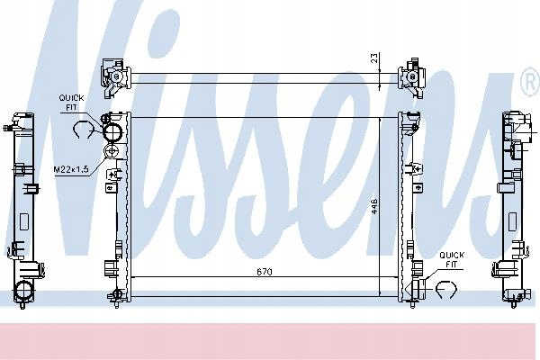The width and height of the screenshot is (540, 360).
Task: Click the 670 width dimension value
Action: click(x=265, y=272)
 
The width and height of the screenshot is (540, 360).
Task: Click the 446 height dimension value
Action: click(x=374, y=206)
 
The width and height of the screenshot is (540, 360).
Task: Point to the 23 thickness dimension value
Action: click(x=374, y=58)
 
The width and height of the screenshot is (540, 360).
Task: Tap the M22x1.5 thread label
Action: click(x=71, y=169)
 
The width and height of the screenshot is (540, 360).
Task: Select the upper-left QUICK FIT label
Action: click(x=71, y=103)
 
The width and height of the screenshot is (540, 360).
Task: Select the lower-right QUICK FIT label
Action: click(x=452, y=260)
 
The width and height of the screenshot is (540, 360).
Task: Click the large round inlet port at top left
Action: click(x=113, y=132)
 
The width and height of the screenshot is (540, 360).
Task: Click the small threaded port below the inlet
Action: click(x=112, y=151)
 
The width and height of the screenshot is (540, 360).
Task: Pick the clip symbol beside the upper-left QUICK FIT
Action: click(x=84, y=130)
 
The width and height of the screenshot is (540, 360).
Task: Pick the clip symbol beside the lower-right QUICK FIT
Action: click(x=446, y=289)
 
